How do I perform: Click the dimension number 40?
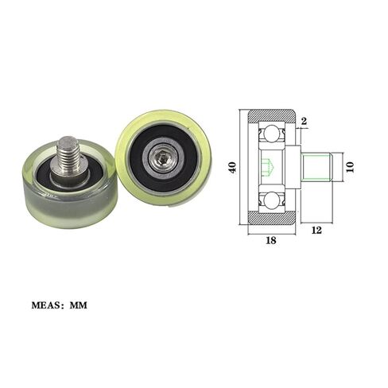(233, 168)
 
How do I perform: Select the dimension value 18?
(271, 240)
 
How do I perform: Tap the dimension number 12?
(316, 230)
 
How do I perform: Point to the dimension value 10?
(351, 167)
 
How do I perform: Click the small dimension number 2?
(304, 121)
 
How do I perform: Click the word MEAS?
(46, 305)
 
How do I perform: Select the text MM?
(79, 305)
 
